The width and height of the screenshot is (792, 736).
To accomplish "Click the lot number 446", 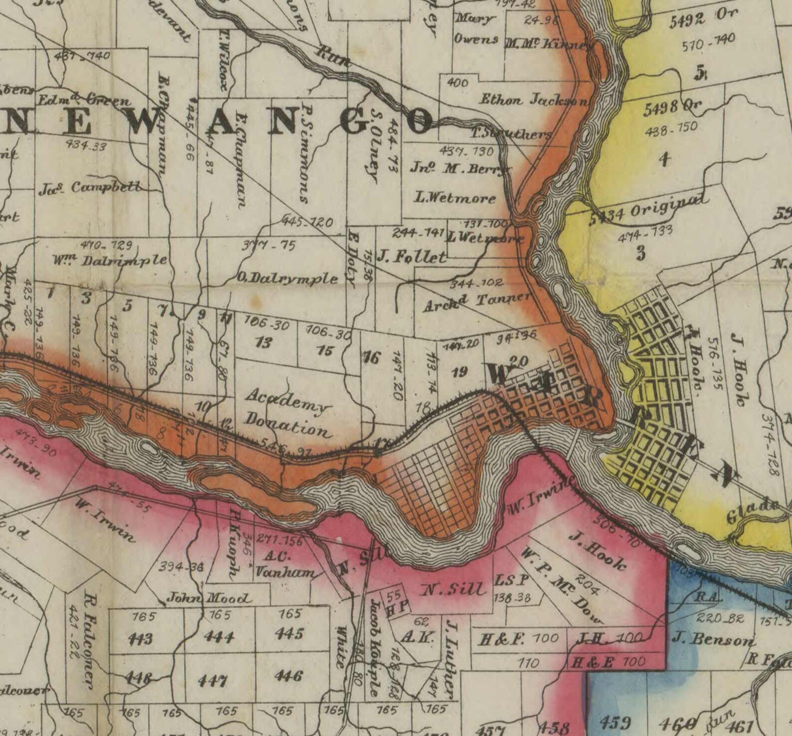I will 289,676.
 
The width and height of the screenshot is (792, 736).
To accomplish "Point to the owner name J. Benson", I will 713,639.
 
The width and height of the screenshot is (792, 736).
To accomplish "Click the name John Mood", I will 209,598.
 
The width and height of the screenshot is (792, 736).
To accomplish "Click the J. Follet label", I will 411,257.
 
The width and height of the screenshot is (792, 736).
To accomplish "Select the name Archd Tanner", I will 476,301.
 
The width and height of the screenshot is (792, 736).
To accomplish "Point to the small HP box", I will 397,601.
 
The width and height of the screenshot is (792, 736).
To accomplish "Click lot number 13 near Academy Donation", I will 263,343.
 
